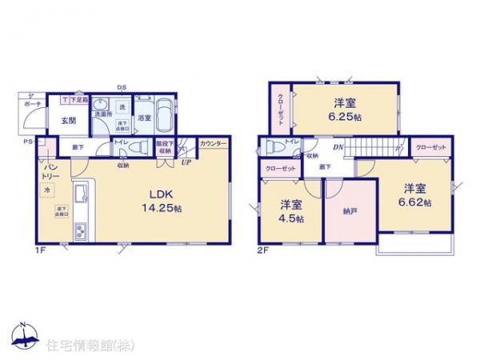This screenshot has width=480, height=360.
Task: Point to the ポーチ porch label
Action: [33, 104]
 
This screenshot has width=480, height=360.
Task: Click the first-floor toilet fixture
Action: [136, 147]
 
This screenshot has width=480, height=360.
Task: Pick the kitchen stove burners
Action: [82, 232]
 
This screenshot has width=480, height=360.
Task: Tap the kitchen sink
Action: [82, 194]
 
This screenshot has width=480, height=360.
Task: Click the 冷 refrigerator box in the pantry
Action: [47, 189]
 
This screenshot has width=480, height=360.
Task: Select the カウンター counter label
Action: [213, 142]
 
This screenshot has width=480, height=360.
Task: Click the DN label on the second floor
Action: [338, 147]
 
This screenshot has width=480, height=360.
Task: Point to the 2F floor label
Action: [263, 252]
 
